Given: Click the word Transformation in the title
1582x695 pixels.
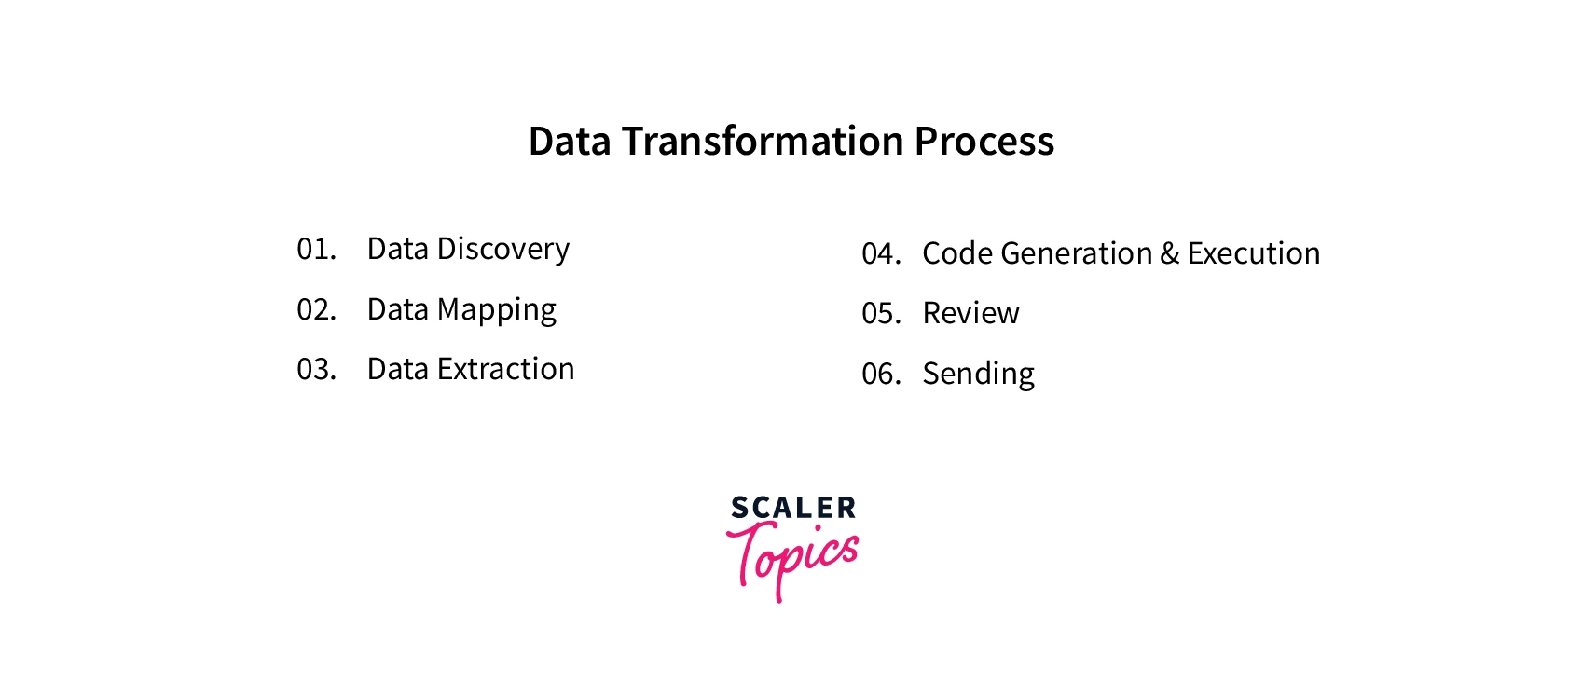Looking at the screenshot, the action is click(763, 141).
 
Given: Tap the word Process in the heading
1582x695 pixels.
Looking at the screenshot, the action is click(984, 141).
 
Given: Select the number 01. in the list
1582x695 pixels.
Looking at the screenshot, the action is click(316, 249).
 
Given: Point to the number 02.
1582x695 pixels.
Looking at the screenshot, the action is click(316, 309).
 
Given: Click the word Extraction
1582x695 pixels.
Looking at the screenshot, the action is click(505, 369).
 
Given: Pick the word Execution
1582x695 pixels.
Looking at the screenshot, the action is click(1254, 253).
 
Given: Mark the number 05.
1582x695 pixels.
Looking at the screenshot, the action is click(881, 314).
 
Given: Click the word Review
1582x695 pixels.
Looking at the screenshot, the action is click(971, 313).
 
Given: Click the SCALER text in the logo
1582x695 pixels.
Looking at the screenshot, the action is click(793, 508).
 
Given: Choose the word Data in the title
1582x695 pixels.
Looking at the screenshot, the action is click(570, 141).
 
